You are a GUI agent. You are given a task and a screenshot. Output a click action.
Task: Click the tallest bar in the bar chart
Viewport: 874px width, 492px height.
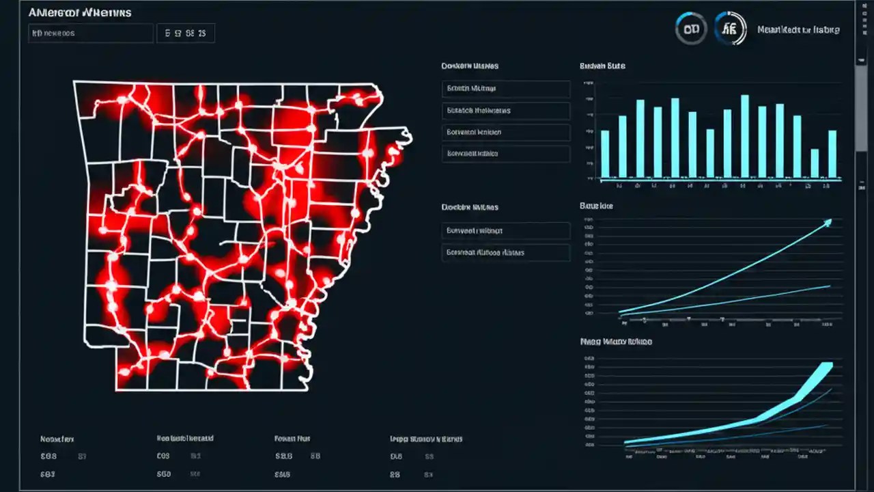pos(744,137)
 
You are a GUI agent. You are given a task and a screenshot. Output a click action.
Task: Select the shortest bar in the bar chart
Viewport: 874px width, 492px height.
pos(814,163)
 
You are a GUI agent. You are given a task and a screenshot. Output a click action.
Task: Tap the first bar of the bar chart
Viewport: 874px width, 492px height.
pos(604,154)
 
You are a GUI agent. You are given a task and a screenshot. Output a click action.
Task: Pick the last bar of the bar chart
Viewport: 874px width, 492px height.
pos(832,154)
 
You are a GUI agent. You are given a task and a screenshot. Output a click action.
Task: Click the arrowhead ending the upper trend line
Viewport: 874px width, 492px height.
pos(829,221)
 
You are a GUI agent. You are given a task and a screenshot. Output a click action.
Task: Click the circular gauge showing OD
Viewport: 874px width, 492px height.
pos(690,30)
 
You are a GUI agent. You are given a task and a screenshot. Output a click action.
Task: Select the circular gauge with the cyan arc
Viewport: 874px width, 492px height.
pos(730,30)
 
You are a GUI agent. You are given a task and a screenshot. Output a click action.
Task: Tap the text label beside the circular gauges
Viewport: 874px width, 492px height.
pos(798,30)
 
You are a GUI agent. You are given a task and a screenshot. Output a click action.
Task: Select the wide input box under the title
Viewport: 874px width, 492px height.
pos(91,33)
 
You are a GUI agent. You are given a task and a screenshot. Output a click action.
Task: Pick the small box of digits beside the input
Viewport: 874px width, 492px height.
pos(185,33)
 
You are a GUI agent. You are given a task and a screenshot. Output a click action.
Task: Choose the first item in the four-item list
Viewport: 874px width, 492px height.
pos(505,89)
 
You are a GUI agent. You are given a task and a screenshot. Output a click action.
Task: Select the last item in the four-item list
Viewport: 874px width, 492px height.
pos(505,154)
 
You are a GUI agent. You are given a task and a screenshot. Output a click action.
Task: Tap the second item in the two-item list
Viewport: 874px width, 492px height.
pos(505,253)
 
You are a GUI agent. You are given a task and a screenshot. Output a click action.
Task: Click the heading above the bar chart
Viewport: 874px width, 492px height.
pos(602,66)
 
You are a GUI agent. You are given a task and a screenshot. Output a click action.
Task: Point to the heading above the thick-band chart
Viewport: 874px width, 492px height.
pos(615,341)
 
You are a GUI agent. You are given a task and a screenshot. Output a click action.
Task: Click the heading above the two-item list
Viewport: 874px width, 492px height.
pos(470,206)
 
